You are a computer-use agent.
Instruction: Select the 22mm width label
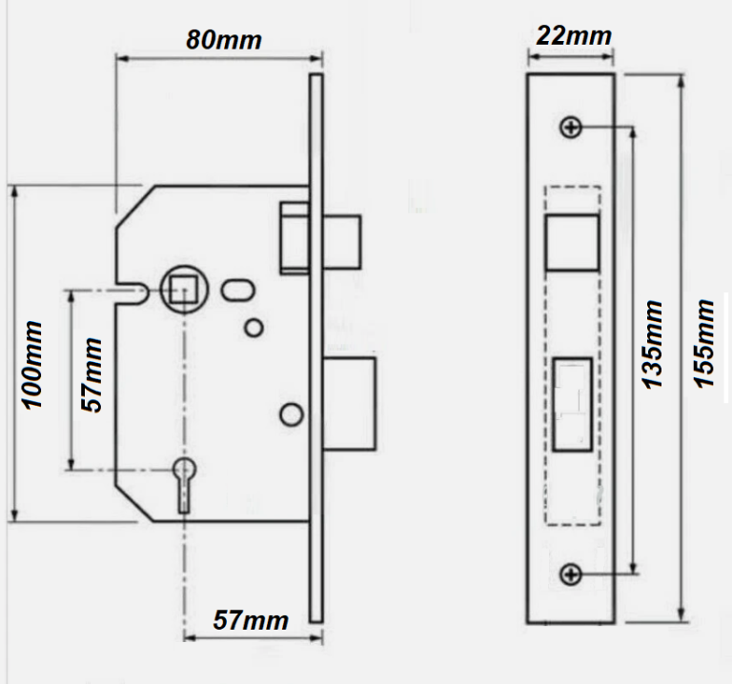pyautogui.click(x=573, y=36)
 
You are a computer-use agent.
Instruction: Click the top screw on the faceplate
pyautogui.click(x=571, y=127)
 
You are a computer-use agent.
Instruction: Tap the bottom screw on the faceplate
pyautogui.click(x=571, y=573)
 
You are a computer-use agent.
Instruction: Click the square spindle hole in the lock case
pyautogui.click(x=181, y=287)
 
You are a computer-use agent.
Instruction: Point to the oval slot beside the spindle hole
pyautogui.click(x=235, y=289)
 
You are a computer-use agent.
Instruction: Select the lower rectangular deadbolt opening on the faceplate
pyautogui.click(x=572, y=400)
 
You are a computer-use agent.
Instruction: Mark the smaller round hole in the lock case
pyautogui.click(x=253, y=328)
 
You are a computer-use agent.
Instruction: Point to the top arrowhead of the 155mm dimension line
pyautogui.click(x=681, y=82)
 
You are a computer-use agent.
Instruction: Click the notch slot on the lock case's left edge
pyautogui.click(x=132, y=291)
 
